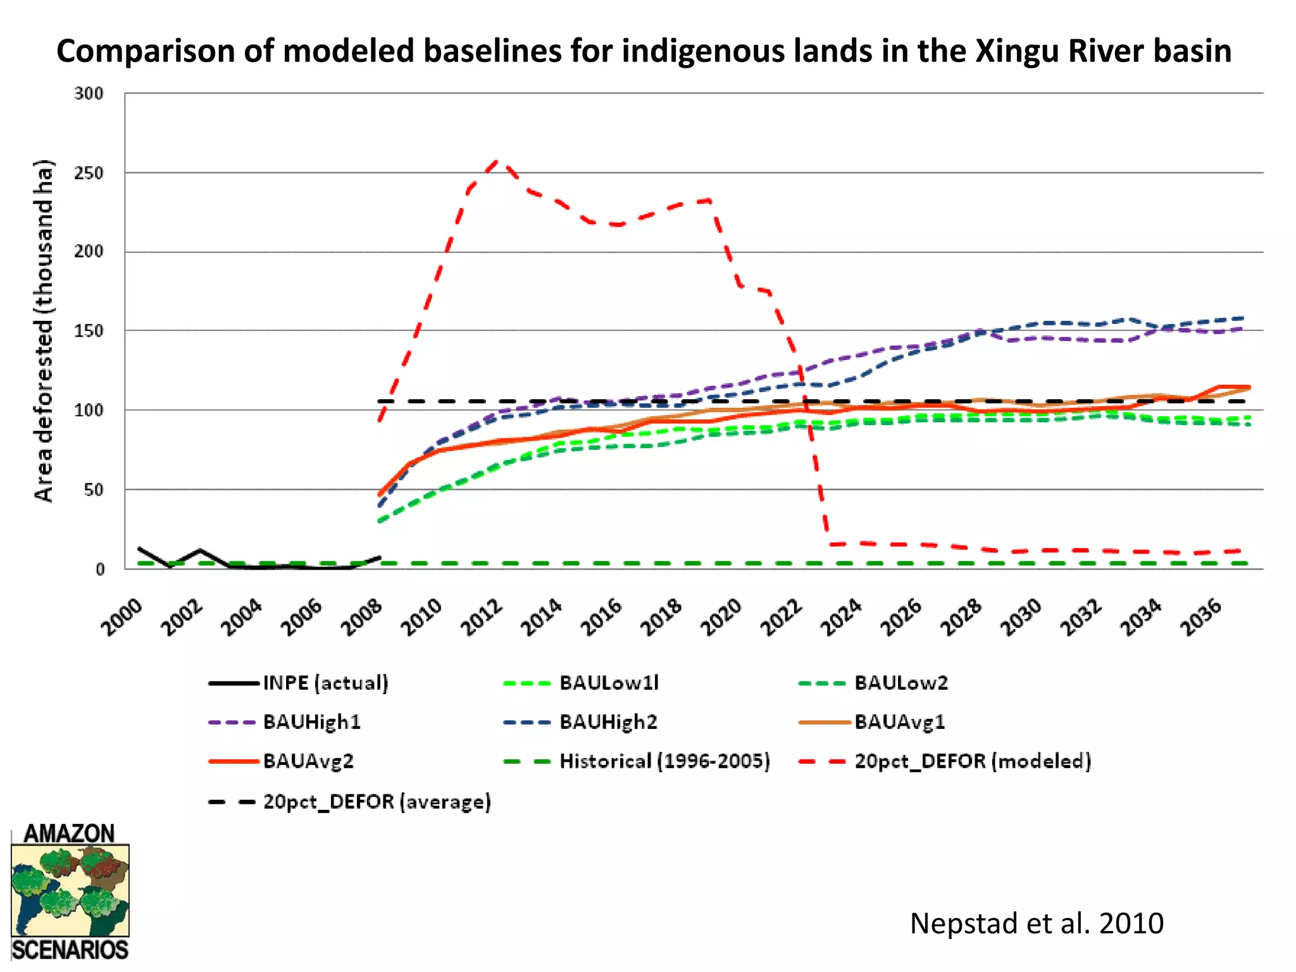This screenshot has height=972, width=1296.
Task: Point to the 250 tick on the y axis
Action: [89, 173]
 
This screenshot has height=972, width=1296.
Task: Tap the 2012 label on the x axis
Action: [482, 617]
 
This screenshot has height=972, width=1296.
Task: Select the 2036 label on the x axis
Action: [1201, 617]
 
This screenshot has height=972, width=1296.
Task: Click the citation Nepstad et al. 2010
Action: [1037, 923]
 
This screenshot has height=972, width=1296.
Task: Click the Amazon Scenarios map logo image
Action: [70, 890]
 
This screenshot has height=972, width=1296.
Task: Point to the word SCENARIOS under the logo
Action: [70, 950]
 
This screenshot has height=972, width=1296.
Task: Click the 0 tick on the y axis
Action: [99, 570]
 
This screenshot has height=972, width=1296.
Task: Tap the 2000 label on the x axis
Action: [121, 617]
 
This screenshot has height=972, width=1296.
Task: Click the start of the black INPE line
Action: [139, 549]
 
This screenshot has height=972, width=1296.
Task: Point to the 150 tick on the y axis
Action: [89, 331]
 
